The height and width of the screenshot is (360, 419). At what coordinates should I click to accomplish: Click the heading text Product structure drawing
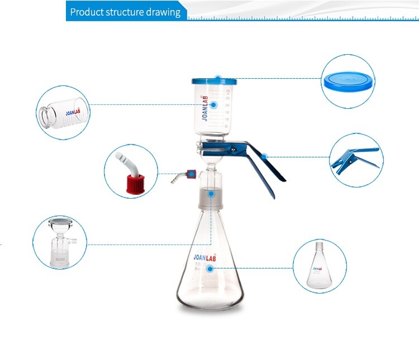point(125,12)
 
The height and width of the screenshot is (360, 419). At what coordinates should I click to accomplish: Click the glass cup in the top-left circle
point(63,111)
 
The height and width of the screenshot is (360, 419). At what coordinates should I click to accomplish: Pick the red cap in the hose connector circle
point(135,182)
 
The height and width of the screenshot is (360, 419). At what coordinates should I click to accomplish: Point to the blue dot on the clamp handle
point(265,156)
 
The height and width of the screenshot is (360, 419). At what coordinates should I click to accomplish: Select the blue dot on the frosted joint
point(211,193)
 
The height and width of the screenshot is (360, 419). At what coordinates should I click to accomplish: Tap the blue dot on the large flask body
point(211,268)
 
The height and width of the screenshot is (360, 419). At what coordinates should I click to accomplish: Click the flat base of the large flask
point(211,306)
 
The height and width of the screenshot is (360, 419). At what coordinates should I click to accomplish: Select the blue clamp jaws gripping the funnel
point(223,149)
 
